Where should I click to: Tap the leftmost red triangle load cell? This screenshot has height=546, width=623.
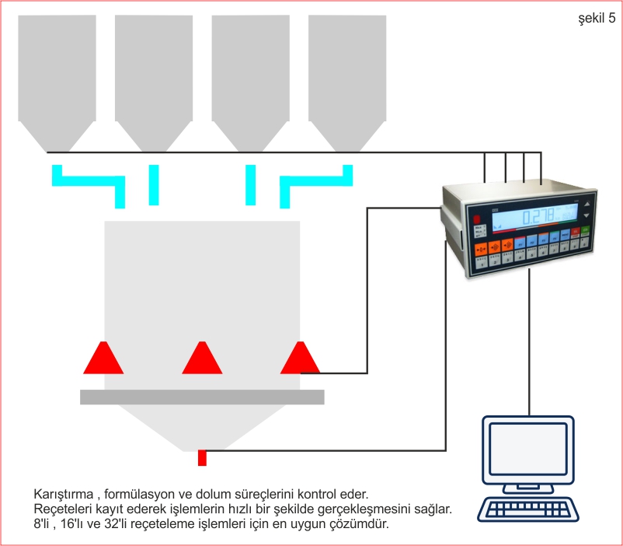pyautogui.click(x=103, y=359)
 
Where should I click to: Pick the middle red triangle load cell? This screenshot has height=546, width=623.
pyautogui.click(x=202, y=359)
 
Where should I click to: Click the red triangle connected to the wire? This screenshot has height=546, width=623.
pyautogui.click(x=300, y=359)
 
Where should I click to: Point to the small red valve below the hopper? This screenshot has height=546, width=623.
pyautogui.click(x=202, y=457)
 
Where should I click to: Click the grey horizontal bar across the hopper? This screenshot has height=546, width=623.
pyautogui.click(x=202, y=397)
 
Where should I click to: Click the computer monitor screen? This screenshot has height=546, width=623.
pyautogui.click(x=528, y=450)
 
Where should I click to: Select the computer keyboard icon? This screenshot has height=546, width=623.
pyautogui.click(x=528, y=509)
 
